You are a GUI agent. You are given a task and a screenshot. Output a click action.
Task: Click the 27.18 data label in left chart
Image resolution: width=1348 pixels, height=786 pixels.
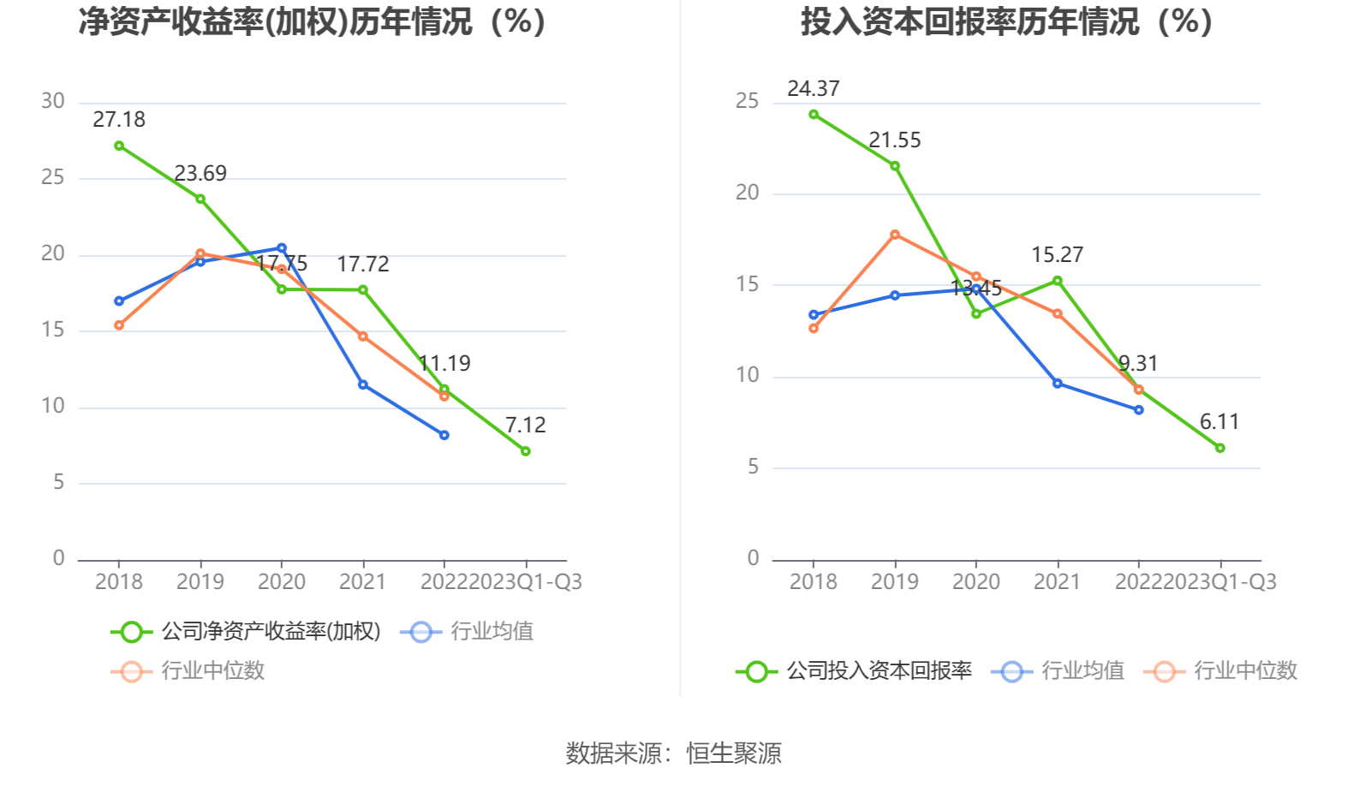pyautogui.click(x=119, y=120)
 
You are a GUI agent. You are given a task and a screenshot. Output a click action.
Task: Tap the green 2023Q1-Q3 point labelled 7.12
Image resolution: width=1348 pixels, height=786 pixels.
pyautogui.click(x=525, y=451)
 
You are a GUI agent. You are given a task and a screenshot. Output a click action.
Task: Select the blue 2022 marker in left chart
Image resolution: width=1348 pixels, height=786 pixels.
pyautogui.click(x=444, y=435)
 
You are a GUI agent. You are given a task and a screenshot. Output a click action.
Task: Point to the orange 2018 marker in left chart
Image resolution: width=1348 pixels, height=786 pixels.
pyautogui.click(x=119, y=325)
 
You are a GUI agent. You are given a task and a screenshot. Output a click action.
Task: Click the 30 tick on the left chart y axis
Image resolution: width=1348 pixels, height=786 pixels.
pyautogui.click(x=53, y=101)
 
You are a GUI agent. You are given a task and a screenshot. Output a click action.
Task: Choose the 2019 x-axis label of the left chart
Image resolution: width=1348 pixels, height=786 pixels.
pyautogui.click(x=200, y=582)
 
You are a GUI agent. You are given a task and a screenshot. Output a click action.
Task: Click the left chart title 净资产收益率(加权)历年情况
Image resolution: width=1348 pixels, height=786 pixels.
pyautogui.click(x=313, y=22)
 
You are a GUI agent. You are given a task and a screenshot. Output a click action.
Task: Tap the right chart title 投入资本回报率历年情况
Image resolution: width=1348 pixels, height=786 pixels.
pyautogui.click(x=1006, y=22)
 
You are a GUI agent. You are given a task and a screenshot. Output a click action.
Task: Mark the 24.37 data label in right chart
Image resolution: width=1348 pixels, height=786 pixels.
pyautogui.click(x=814, y=89)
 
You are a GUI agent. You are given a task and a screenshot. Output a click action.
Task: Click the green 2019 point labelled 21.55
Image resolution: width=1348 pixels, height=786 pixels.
pyautogui.click(x=895, y=166)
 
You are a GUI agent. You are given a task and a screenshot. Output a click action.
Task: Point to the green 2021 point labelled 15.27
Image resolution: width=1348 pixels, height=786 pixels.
pyautogui.click(x=1058, y=281)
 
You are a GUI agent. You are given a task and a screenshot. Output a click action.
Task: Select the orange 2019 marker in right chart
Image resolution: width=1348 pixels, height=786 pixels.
pyautogui.click(x=895, y=235)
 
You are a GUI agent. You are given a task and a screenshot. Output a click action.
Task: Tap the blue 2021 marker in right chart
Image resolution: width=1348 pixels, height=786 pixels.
pyautogui.click(x=1058, y=384)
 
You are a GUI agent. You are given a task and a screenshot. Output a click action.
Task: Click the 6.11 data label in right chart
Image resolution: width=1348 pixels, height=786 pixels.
pyautogui.click(x=1220, y=422)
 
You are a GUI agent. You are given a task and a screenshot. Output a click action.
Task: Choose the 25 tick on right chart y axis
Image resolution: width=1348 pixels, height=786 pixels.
pyautogui.click(x=747, y=101)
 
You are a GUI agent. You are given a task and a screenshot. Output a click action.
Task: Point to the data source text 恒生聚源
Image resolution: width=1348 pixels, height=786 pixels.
pyautogui.click(x=734, y=753)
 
